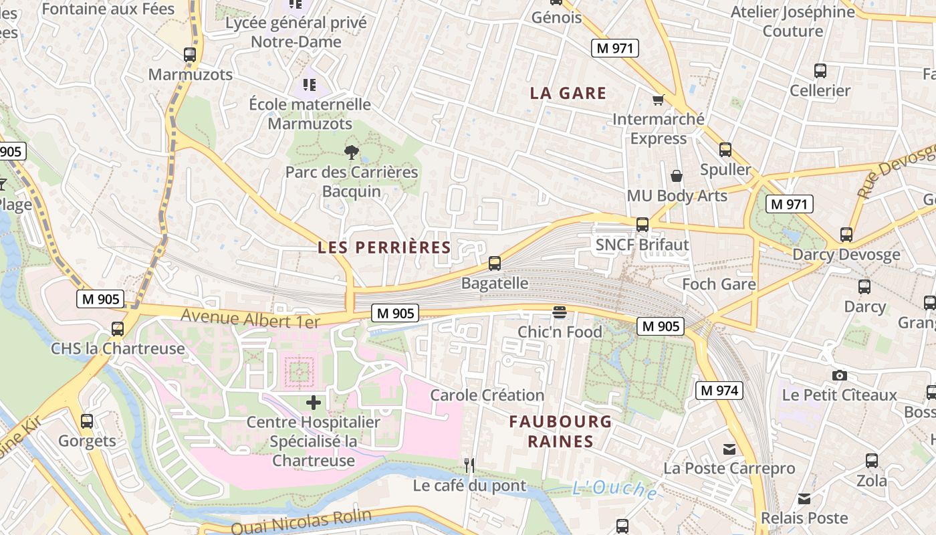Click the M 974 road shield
[x=719, y=391]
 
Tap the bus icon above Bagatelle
[x=495, y=263]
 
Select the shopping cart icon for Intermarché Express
[x=659, y=100]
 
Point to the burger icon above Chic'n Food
[x=560, y=312]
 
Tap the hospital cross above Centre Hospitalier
[x=313, y=403]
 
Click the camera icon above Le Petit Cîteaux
[x=840, y=376]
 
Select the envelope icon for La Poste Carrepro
[x=729, y=449]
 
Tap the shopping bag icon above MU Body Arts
[x=677, y=177]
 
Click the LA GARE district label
[x=568, y=94]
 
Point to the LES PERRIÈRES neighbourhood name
[x=384, y=247]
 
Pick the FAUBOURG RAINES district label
[x=560, y=431]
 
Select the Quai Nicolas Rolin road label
[x=301, y=522]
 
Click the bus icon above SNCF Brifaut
[x=642, y=225]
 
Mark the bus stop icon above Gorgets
[x=87, y=421]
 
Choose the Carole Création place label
[x=487, y=395]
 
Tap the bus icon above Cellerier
[x=820, y=71]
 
